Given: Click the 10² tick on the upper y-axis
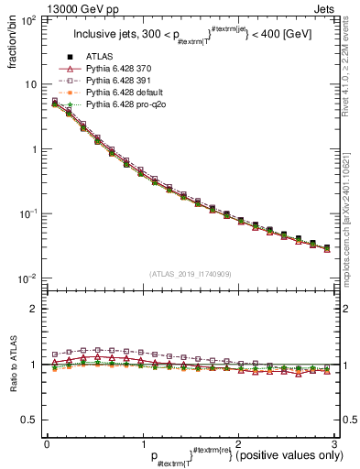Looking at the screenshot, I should (x=30, y=19).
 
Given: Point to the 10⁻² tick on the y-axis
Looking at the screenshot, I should (x=30, y=278).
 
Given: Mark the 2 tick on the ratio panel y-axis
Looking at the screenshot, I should (x=35, y=309).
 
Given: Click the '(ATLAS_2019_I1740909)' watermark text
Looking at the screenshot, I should (x=191, y=275).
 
